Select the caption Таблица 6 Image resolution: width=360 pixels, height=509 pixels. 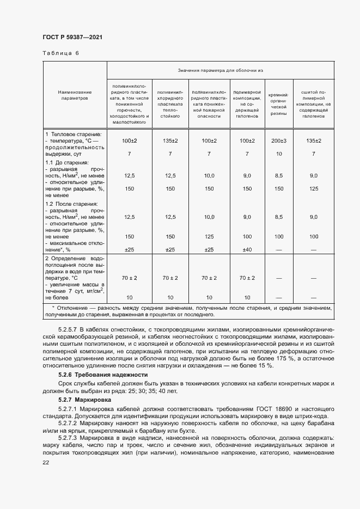point(60,53)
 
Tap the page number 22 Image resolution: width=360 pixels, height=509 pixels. point(46,462)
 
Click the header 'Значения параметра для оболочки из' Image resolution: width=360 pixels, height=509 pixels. point(219,70)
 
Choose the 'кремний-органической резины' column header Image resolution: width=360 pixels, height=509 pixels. point(278,102)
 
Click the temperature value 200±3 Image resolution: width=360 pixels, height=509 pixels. point(278,141)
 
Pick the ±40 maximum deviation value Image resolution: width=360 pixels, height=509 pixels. point(247,250)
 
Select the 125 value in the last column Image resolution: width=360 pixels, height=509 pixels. point(314,188)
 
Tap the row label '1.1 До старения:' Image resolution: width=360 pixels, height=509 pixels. point(66,162)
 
